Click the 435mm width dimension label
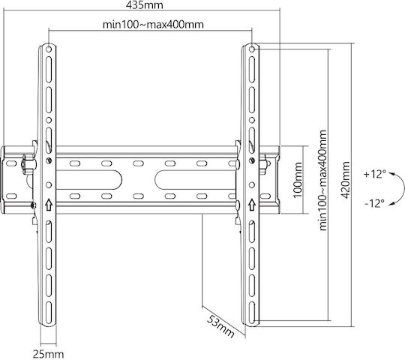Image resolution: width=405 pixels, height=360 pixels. pos(145,5)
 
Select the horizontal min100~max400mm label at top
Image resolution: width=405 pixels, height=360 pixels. pos(153,25)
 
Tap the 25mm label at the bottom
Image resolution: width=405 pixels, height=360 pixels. pos(48,354)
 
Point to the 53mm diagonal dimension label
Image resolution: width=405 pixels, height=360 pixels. pos(220,326)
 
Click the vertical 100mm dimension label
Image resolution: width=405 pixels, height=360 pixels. pos(298,180)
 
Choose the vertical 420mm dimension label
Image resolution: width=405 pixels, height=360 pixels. pos(345,180)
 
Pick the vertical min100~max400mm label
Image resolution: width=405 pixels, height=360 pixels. pos(322,180)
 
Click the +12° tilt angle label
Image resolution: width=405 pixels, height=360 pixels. pos(374,174)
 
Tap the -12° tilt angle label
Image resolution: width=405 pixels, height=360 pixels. pos(374,203)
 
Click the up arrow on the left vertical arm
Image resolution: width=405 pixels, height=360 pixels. pos(49,205)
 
